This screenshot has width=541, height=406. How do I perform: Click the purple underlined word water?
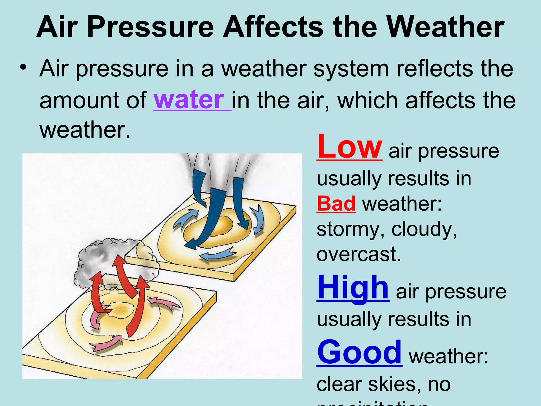[189, 100]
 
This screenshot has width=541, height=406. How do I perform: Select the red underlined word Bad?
[336, 204]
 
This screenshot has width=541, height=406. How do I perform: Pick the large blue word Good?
[359, 352]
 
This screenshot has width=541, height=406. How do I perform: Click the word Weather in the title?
[446, 27]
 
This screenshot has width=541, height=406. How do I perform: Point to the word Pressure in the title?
[150, 27]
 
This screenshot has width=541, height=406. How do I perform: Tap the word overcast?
[358, 254]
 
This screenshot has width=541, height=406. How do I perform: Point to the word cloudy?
[424, 229]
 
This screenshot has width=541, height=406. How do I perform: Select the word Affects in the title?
[273, 27]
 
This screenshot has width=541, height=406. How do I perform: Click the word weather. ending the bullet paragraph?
[85, 130]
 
